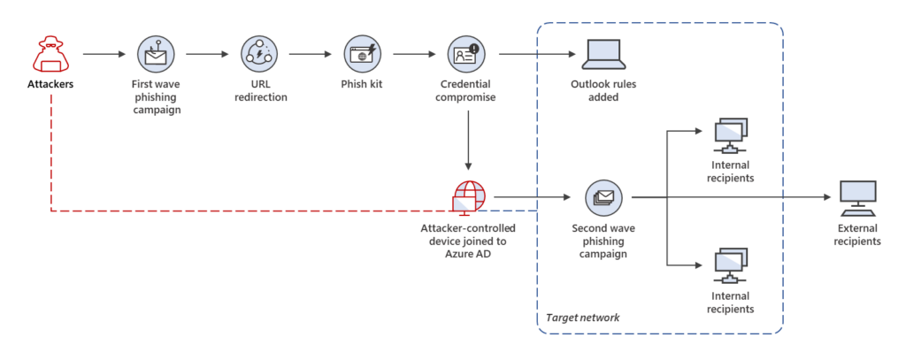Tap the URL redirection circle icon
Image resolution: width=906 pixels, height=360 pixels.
(x=258, y=54)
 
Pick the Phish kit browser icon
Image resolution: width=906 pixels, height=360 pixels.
(x=362, y=54)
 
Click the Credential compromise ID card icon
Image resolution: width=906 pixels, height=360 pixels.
(x=466, y=54)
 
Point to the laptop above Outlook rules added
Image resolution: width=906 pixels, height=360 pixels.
(x=602, y=55)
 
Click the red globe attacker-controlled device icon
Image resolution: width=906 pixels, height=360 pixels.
(x=467, y=197)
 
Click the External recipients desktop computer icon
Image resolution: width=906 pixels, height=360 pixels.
(x=856, y=197)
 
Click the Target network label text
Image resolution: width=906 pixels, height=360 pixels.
(x=582, y=317)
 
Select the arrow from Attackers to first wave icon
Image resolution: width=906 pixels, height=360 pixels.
(x=104, y=55)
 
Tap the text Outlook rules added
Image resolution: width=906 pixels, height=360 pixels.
(x=602, y=91)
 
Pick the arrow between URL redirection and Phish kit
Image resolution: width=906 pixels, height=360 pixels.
(x=310, y=55)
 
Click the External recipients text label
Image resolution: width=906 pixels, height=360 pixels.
(x=856, y=234)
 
